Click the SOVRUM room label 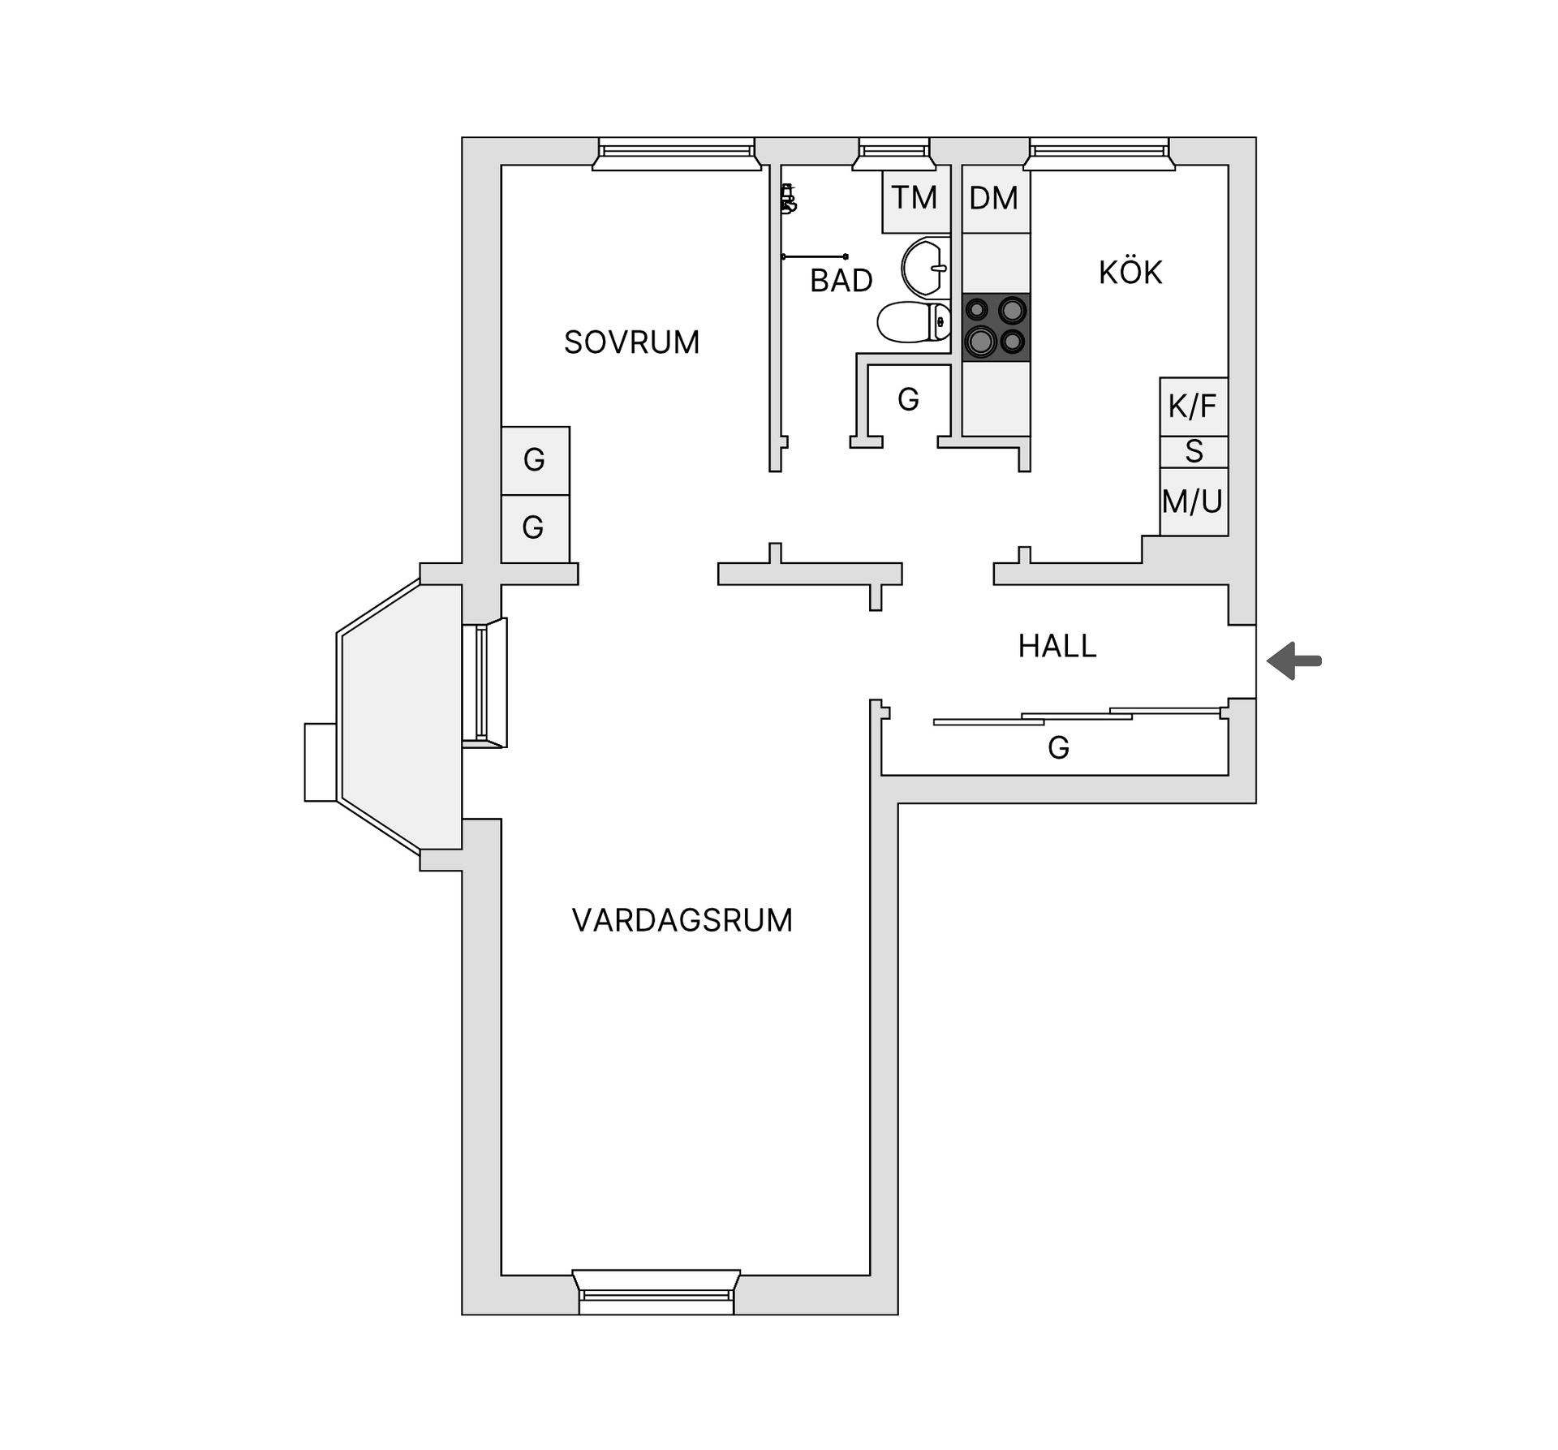point(631,342)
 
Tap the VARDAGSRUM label point(682,920)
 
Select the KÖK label point(1130,273)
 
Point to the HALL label point(1057,646)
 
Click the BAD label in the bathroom point(841,281)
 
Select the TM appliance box point(915,198)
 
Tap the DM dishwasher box point(995,199)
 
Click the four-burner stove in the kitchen point(996,327)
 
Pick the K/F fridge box point(1193,406)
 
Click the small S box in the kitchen point(1193,451)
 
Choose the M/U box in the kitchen point(1193,501)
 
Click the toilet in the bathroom point(913,322)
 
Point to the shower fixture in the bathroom point(788,199)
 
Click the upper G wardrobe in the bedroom point(535,460)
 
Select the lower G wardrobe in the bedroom point(534,528)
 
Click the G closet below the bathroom point(908,399)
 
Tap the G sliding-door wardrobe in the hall point(1058,747)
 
